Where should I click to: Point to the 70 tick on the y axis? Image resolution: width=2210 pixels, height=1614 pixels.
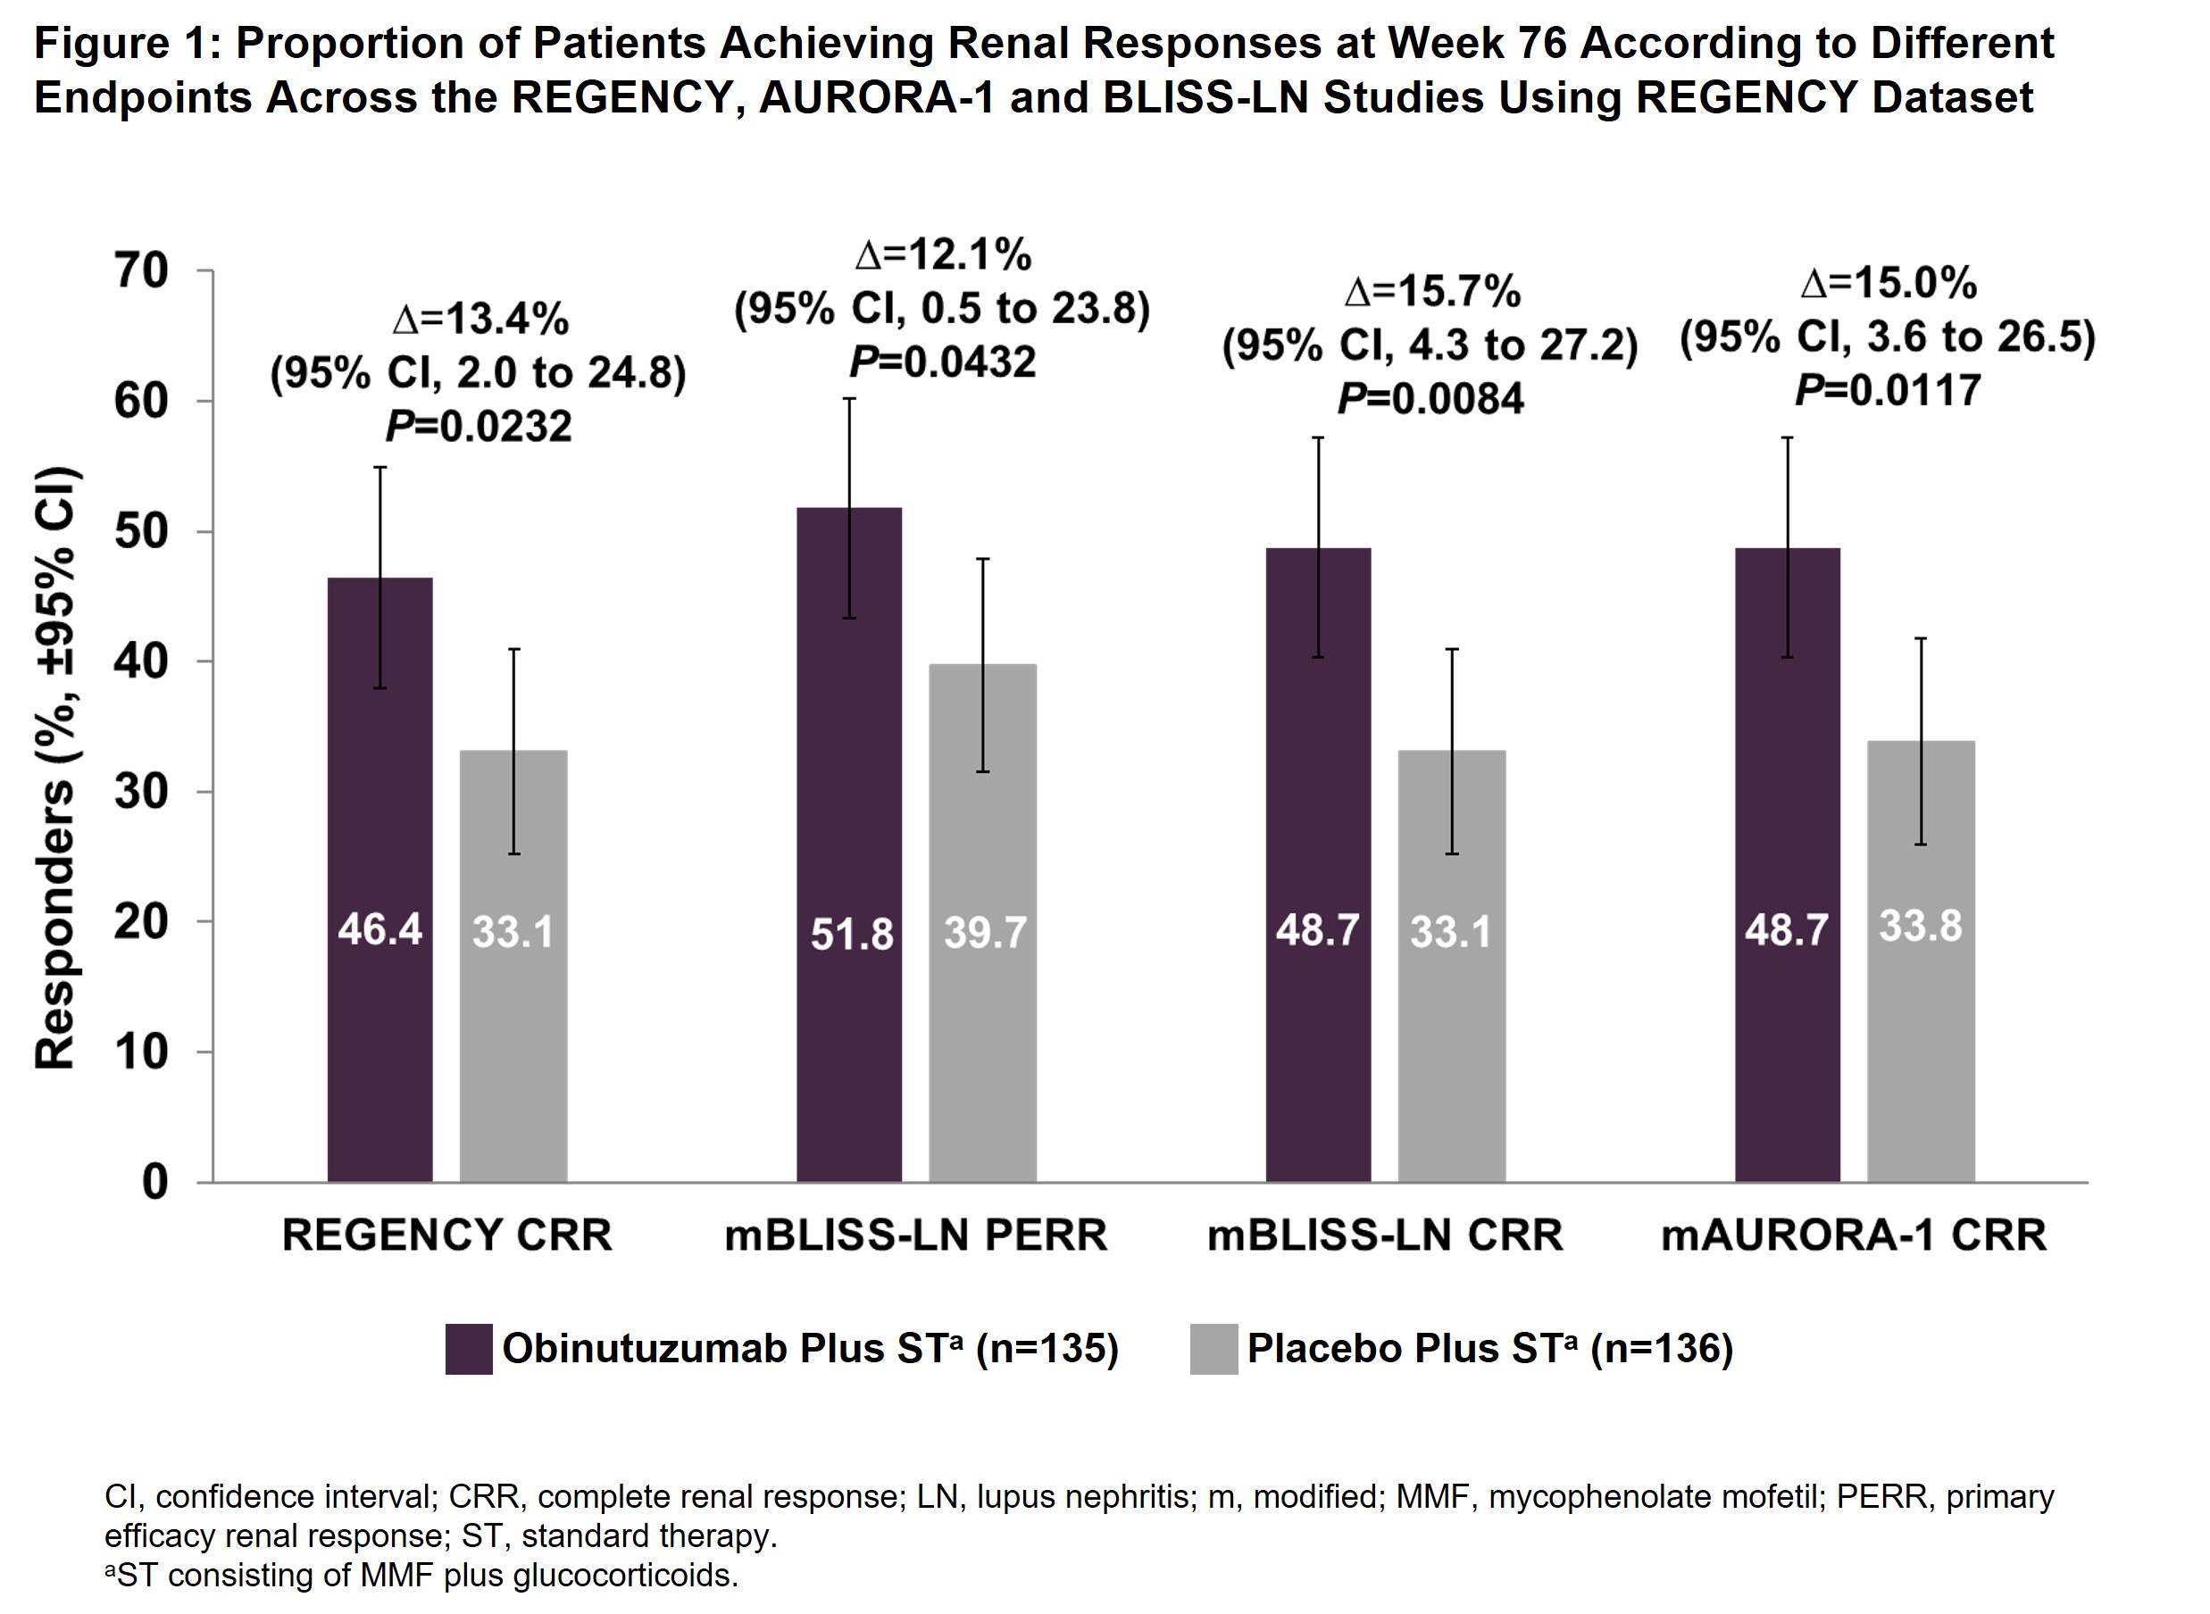(x=143, y=271)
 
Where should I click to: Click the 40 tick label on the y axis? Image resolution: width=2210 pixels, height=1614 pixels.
(x=143, y=662)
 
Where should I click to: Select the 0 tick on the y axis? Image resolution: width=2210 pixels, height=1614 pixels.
(x=154, y=1183)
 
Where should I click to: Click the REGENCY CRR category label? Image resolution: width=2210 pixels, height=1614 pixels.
(x=446, y=1235)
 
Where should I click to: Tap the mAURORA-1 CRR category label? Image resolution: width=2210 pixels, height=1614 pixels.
(x=1854, y=1235)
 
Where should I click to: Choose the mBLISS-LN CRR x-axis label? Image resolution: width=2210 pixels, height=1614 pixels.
(x=1384, y=1235)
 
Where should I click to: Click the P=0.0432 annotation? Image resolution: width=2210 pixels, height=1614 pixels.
(x=943, y=362)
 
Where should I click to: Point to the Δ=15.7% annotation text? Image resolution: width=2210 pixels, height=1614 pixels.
(x=1432, y=291)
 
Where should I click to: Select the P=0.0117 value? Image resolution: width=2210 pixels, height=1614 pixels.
(x=1888, y=391)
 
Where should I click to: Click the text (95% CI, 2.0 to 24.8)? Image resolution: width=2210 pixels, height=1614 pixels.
(x=478, y=373)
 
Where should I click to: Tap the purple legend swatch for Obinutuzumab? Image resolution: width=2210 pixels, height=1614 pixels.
(x=469, y=1349)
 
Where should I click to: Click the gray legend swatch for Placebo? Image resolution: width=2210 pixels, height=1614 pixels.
(x=1213, y=1349)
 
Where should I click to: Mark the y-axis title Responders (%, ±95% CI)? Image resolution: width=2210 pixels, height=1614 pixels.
(x=55, y=768)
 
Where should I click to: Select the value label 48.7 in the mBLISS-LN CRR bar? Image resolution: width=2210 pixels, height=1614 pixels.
(x=1317, y=930)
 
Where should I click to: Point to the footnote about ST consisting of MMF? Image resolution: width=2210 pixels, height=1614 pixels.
(x=421, y=1575)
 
